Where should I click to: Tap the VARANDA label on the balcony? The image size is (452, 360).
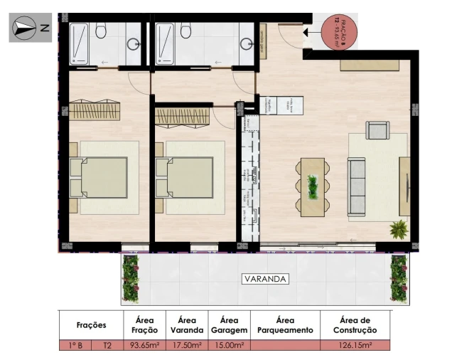click(x=264, y=279)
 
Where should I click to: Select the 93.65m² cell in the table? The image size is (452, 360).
click(x=144, y=346)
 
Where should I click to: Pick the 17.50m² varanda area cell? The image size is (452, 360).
click(x=187, y=346)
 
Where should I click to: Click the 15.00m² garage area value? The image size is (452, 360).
click(x=229, y=346)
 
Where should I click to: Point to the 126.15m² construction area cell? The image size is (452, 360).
click(x=355, y=346)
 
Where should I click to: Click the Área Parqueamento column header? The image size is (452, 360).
click(x=284, y=325)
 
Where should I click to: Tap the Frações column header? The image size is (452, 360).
click(x=91, y=325)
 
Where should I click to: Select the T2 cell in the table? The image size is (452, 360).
click(x=107, y=346)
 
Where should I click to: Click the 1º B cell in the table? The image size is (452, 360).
click(x=75, y=346)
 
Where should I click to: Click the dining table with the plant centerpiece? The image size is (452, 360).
click(x=312, y=186)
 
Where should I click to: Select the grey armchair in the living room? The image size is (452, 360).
click(x=377, y=130)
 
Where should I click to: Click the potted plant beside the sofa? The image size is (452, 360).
click(x=399, y=229)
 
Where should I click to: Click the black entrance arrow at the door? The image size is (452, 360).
click(x=306, y=32)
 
